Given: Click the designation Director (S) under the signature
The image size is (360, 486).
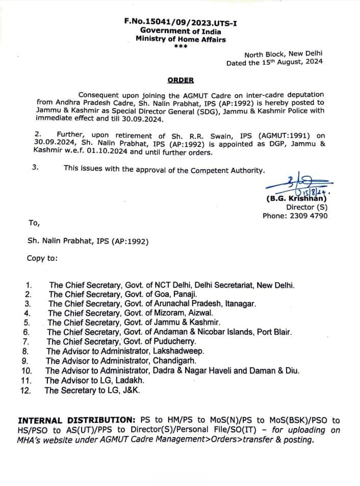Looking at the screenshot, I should [x=306, y=207].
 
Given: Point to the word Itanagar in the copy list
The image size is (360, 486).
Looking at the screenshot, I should [x=238, y=303].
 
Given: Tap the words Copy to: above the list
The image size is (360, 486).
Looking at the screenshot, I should [x=42, y=258].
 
